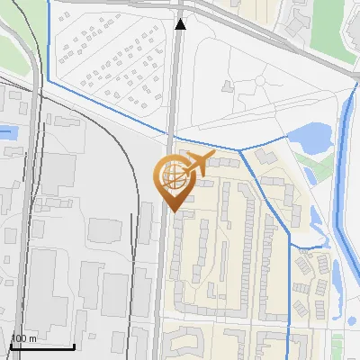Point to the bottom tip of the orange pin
tap(172, 211)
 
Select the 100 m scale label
tap(23, 338)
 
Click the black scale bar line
tap(42, 346)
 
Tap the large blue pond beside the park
tap(308, 138)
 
